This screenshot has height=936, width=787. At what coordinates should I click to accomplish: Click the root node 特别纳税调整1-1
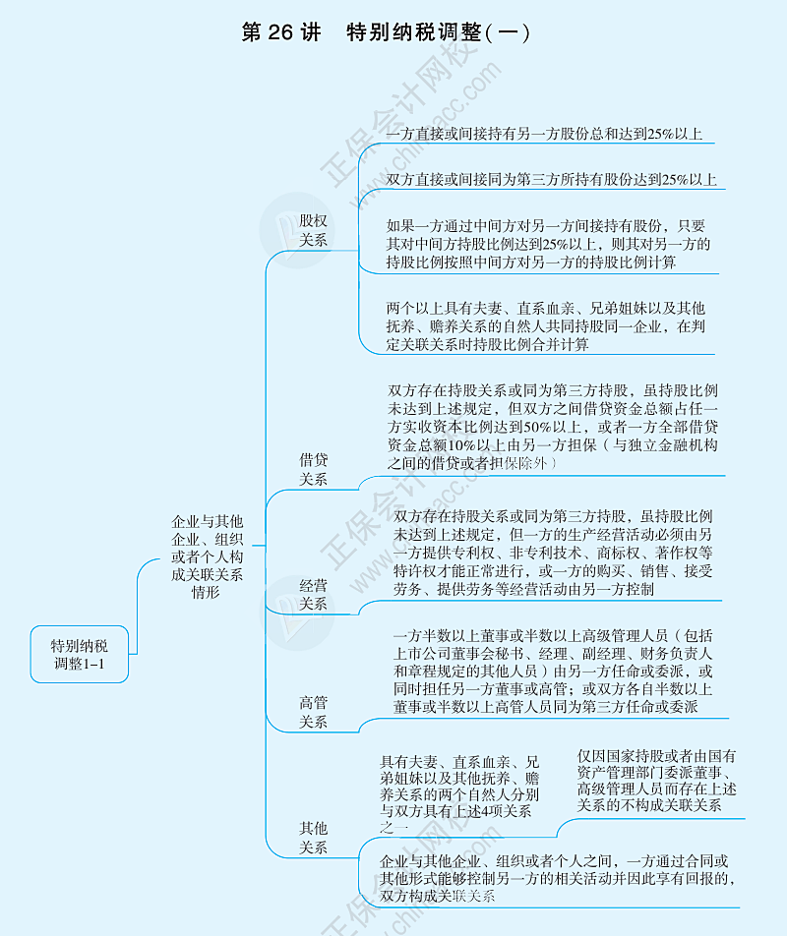point(80,654)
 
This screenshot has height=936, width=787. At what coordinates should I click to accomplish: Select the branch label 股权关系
point(313,230)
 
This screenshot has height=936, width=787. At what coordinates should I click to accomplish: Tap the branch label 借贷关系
point(313,469)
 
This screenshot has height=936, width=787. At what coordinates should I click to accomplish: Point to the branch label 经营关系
point(313,595)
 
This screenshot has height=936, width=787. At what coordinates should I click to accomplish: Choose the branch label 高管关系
point(313,712)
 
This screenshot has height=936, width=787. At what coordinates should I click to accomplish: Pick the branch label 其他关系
point(313,838)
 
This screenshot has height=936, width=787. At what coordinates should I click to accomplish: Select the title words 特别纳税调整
point(414,32)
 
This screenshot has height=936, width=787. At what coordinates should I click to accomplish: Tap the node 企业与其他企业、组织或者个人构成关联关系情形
point(207,556)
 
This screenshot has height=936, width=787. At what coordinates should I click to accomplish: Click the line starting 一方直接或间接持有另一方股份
point(543,134)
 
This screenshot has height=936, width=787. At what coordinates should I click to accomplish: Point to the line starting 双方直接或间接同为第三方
point(551,179)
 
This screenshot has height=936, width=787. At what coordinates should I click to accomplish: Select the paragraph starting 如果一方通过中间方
point(548,244)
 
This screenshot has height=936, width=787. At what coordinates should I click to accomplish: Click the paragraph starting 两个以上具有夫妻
point(546,326)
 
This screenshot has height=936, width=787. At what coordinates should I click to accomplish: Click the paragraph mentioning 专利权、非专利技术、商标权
point(553,553)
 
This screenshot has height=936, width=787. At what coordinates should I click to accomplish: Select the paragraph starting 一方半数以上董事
point(553,671)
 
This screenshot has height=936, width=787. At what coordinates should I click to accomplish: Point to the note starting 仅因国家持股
point(656,781)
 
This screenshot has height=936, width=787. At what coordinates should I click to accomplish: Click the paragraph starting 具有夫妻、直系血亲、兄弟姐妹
point(459,794)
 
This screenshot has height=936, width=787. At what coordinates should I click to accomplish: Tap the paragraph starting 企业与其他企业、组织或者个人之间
point(557,878)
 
